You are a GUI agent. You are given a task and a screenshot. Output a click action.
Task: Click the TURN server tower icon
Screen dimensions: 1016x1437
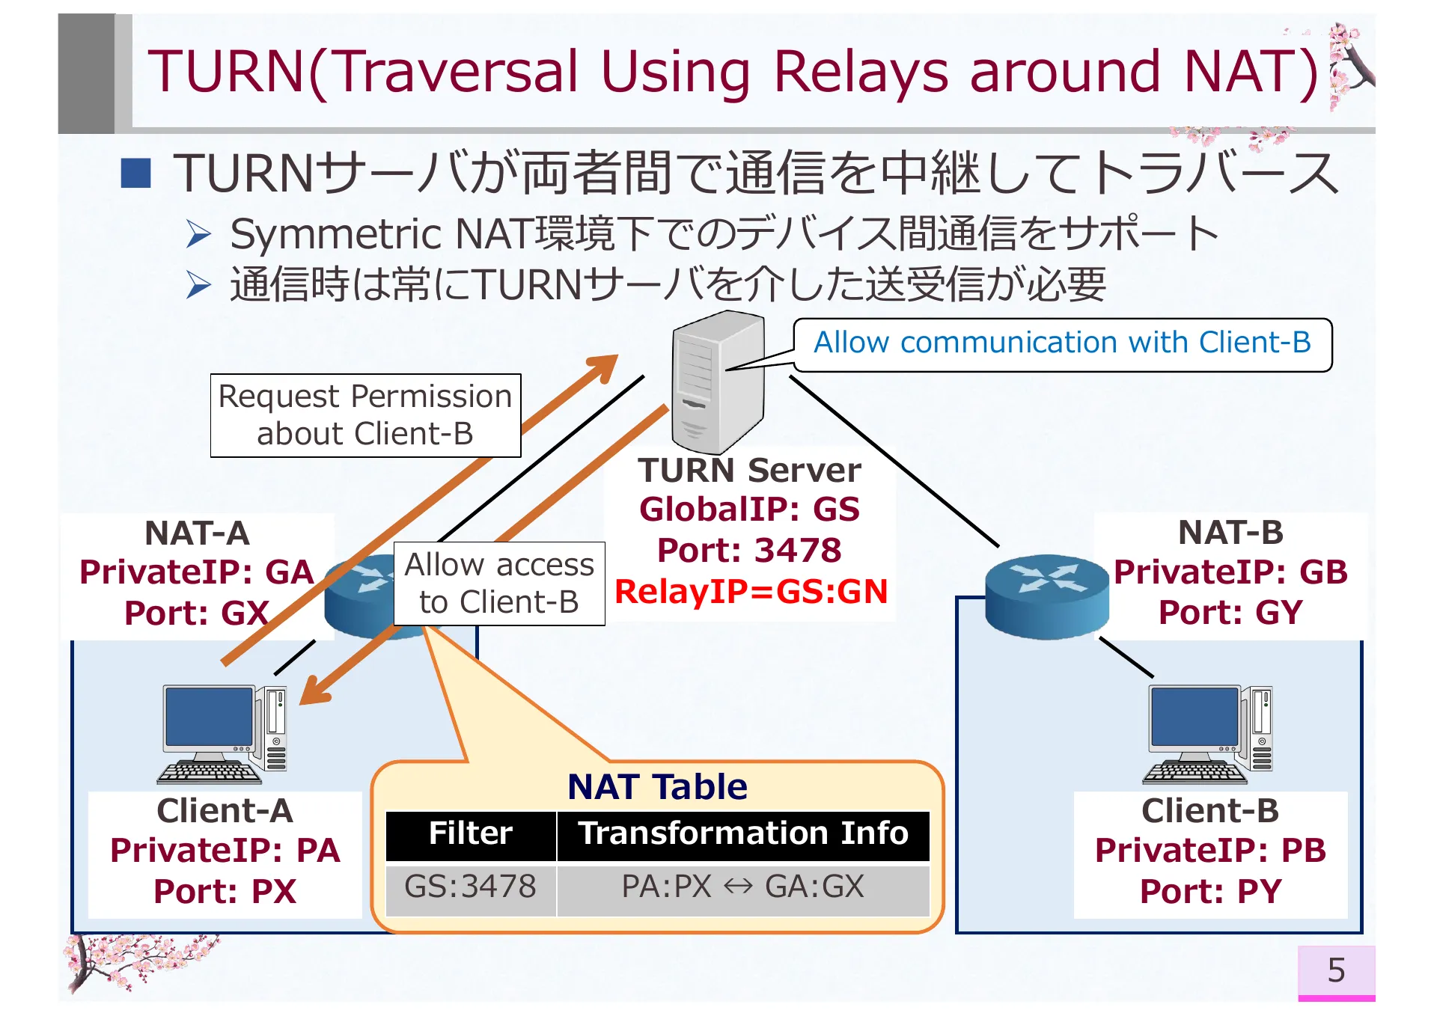point(717,382)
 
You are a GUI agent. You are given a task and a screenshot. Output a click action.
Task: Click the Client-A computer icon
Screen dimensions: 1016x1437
point(223,733)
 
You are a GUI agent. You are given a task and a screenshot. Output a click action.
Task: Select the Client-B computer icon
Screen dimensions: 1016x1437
point(1209,733)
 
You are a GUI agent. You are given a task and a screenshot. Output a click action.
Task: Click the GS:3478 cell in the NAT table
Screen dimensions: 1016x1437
point(470,887)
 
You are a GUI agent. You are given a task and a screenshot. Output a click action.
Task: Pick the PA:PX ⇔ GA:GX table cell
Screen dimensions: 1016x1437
point(742,887)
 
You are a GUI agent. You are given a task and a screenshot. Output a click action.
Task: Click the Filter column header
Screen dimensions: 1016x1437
point(470,833)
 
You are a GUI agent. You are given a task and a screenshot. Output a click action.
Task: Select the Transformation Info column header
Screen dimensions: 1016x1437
point(742,833)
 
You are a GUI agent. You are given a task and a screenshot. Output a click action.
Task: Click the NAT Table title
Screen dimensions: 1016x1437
point(657,786)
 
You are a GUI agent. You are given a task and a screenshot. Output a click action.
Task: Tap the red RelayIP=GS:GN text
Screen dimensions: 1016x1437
point(751,591)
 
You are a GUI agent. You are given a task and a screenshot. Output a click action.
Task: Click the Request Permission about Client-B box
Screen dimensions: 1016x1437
point(365,415)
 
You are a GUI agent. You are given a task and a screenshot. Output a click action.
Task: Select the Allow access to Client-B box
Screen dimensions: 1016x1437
point(499,583)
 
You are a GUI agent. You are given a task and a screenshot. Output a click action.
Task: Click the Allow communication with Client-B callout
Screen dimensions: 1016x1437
point(1062,343)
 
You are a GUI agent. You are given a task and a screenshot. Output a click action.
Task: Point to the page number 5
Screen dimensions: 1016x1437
point(1336,970)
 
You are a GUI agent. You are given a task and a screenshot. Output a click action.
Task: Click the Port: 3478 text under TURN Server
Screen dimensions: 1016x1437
point(749,550)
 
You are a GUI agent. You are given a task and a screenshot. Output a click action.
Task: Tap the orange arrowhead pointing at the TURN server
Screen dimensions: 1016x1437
point(604,367)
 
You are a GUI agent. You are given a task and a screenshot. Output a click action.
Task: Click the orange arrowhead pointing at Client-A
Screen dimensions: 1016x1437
point(314,691)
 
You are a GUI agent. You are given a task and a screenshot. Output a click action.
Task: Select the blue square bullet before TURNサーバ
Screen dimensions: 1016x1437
point(136,173)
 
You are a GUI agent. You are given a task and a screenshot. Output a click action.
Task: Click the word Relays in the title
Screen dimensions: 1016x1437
point(861,72)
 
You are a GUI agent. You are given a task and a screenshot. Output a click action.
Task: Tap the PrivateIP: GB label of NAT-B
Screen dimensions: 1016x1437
point(1230,572)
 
